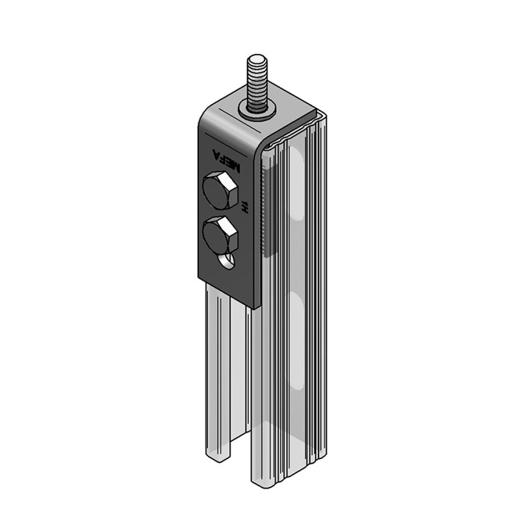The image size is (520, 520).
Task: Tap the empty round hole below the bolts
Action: [228, 261]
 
